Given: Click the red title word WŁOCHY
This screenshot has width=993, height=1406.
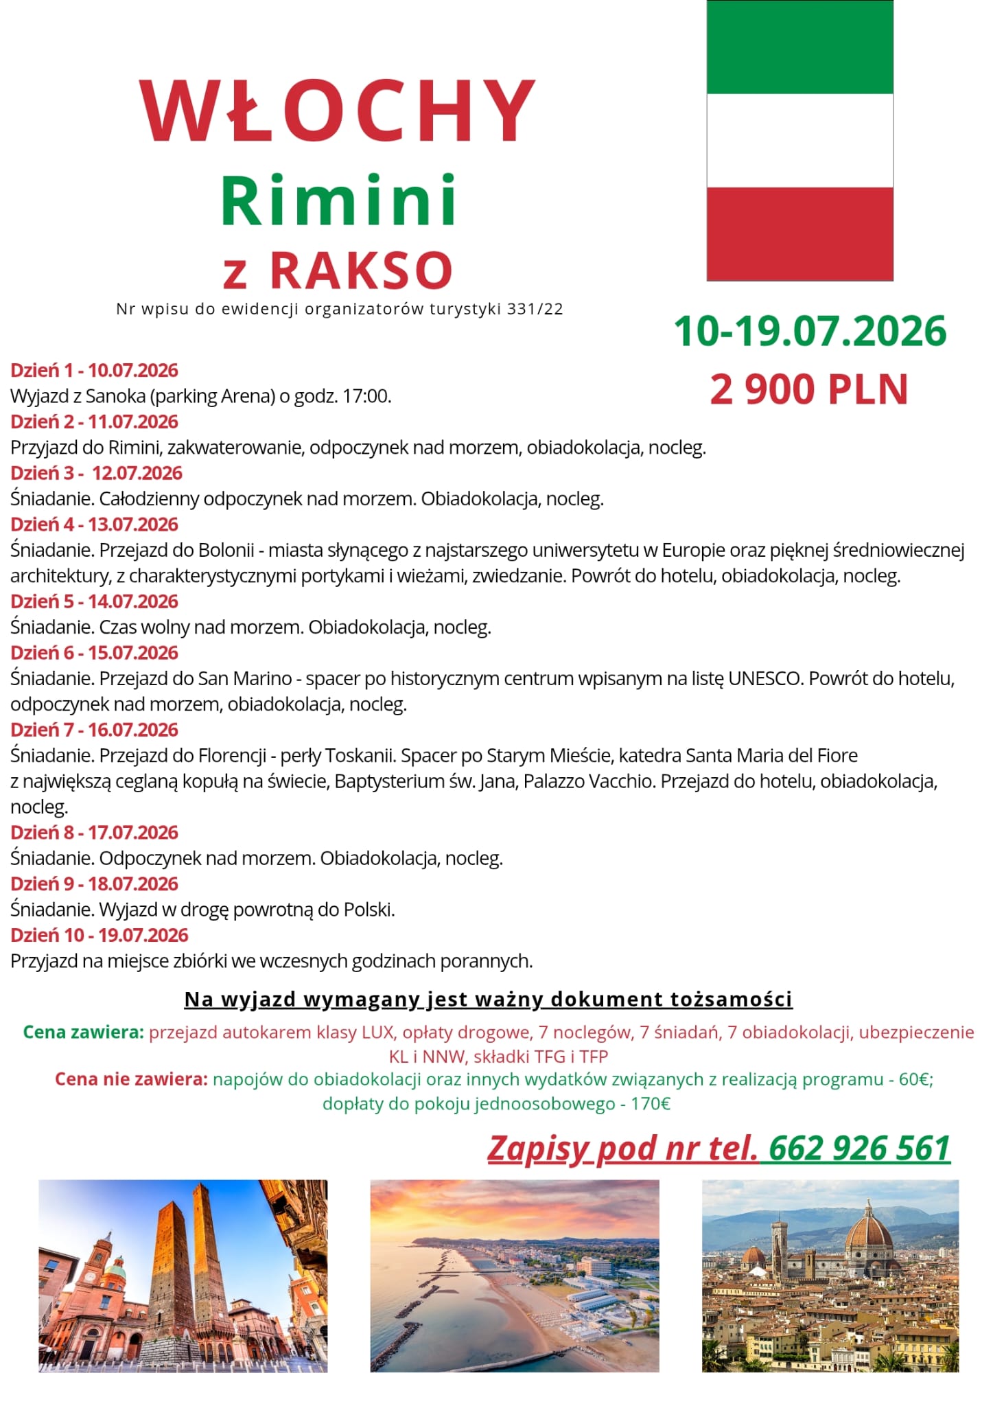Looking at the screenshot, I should click(337, 111).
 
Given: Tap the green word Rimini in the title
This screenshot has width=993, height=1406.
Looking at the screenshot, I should click(338, 201).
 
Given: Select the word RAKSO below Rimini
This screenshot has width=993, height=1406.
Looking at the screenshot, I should click(362, 270).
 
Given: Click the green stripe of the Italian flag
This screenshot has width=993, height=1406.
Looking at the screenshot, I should click(799, 48).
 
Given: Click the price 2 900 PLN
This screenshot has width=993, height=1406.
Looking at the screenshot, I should click(809, 389).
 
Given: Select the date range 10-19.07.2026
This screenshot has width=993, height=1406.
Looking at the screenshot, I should click(810, 332).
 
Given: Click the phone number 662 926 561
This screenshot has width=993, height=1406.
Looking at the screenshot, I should click(859, 1148).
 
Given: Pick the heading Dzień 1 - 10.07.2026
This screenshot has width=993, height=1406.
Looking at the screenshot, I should click(94, 370).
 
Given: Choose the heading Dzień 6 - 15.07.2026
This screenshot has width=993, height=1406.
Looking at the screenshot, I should click(94, 653).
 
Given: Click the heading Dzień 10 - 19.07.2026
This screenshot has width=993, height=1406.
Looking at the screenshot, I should click(99, 935).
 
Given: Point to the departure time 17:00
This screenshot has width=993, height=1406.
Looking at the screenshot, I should click(371, 396).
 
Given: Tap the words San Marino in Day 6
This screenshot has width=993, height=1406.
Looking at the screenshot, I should click(245, 678).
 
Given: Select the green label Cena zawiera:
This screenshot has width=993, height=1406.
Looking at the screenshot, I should click(83, 1032).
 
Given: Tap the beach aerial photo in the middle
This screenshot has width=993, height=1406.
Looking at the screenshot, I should click(514, 1276).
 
